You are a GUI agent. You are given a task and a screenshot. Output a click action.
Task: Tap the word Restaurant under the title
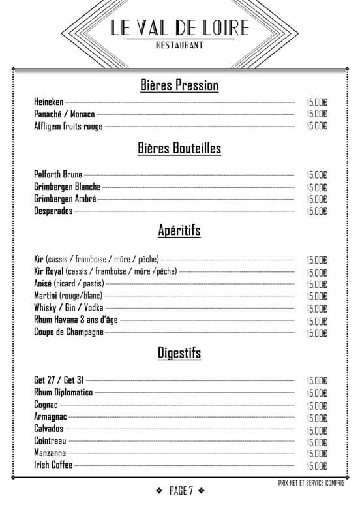pos(179,45)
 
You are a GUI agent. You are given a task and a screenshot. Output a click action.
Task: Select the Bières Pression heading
pos(179,85)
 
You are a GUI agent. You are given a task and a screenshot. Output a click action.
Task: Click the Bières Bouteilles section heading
pos(179,149)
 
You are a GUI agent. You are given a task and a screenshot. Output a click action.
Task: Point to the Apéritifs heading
pos(179,230)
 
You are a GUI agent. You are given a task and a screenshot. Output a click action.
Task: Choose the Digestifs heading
pos(179,353)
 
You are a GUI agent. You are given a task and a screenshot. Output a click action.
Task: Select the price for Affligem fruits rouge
pos(316,126)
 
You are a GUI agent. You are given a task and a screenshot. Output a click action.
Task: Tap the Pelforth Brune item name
pos(58,175)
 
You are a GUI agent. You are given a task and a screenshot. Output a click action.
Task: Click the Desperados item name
pos(53,211)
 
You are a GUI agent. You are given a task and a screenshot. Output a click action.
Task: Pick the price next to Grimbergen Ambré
pos(316,199)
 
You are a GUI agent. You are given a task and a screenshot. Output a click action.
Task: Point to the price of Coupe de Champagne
pos(316,333)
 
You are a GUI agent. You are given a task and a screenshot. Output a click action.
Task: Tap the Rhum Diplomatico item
pos(63,392)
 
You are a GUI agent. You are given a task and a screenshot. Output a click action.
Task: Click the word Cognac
pos(46,405)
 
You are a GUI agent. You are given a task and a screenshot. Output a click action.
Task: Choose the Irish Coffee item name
pos(53,465)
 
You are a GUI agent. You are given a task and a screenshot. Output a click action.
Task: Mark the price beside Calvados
pos(316,430)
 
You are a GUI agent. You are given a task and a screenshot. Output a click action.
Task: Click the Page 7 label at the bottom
pos(181,491)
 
